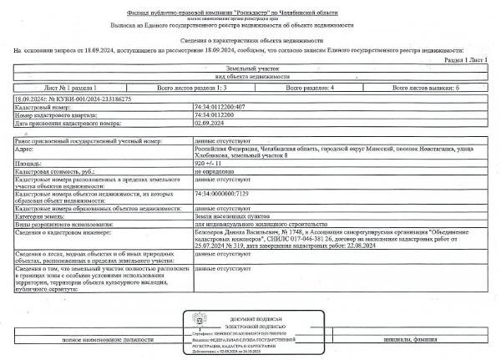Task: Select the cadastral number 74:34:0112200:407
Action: (221, 108)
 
